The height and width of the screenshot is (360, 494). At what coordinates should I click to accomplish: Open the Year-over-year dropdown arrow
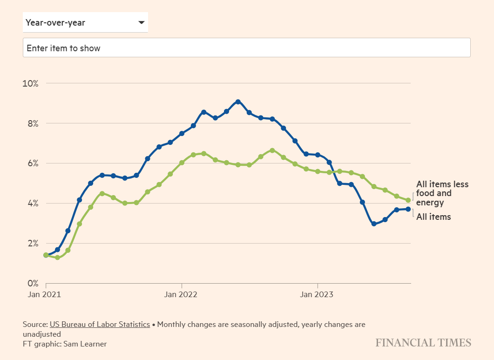click(142, 23)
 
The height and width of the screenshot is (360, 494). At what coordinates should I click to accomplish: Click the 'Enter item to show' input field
click(246, 48)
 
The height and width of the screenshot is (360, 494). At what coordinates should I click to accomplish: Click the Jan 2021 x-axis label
click(46, 294)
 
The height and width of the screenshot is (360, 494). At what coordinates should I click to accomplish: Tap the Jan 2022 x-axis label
click(181, 294)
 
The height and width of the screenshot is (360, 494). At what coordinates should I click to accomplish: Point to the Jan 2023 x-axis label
click(317, 294)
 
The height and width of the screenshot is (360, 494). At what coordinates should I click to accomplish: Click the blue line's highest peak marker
click(238, 102)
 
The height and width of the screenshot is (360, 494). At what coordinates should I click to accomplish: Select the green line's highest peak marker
click(272, 150)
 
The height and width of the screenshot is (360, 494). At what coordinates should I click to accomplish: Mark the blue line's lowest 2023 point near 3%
click(374, 224)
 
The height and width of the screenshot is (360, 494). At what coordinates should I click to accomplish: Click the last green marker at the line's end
click(408, 200)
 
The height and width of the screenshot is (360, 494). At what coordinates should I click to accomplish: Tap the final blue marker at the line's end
click(408, 209)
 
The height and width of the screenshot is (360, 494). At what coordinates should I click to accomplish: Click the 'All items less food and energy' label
click(442, 193)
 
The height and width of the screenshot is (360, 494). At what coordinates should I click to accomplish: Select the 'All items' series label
click(433, 217)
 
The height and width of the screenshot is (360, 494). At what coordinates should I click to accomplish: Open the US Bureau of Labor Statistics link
click(100, 324)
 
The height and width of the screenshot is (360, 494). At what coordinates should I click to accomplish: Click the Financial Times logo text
click(423, 343)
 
